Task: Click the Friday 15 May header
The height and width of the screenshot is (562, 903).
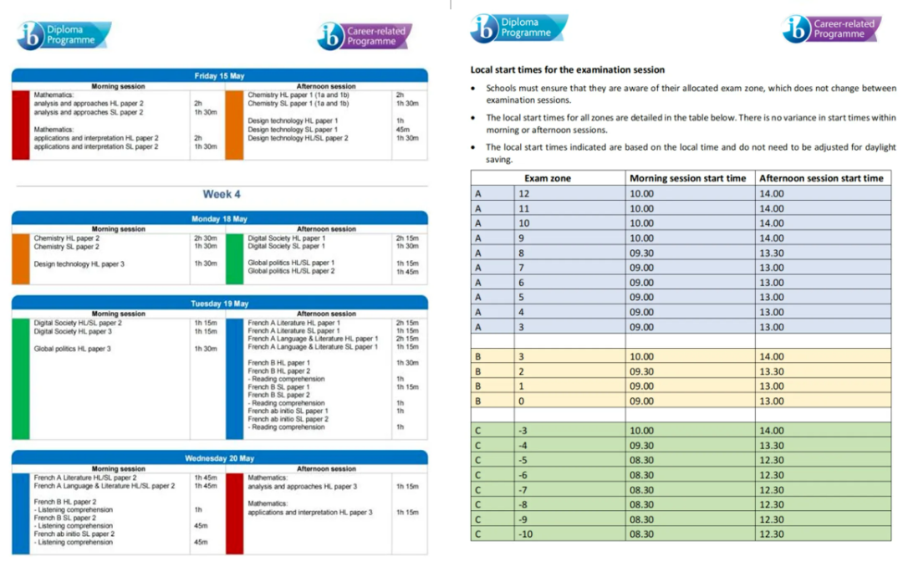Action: [219, 76]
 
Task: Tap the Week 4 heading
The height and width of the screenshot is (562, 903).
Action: [222, 194]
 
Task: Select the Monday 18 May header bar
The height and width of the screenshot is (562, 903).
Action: [219, 219]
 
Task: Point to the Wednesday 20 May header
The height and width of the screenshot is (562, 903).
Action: [219, 458]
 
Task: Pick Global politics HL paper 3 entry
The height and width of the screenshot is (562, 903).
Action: [72, 349]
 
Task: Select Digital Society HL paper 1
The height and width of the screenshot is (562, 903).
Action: [287, 238]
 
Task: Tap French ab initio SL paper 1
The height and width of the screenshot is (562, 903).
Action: [288, 411]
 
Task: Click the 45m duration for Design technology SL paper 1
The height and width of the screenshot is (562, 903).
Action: [402, 130]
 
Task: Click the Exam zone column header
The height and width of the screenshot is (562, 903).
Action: [548, 178]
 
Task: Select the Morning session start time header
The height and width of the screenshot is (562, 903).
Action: [687, 178]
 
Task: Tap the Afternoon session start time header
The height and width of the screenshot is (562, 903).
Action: [820, 178]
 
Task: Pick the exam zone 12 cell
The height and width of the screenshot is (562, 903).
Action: [524, 193]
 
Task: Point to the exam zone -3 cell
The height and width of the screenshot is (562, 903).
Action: [523, 430]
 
